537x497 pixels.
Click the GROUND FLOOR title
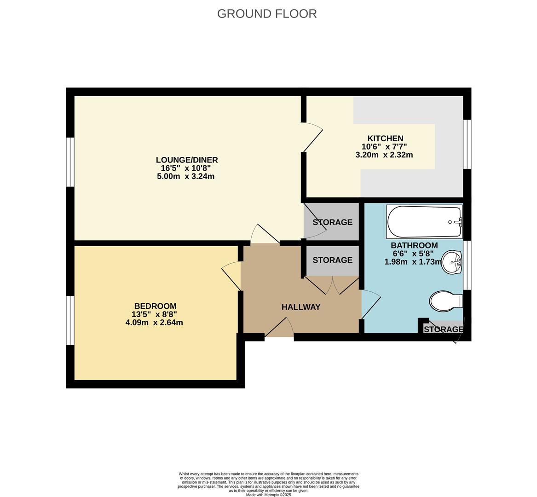click(267, 14)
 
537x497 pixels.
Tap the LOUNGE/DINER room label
click(186, 160)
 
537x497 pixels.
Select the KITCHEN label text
click(385, 139)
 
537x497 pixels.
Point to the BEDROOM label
click(155, 306)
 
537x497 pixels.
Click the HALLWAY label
click(300, 307)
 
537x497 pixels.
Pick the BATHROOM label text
click(414, 245)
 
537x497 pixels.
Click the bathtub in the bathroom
click(424, 222)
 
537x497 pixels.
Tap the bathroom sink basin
click(452, 263)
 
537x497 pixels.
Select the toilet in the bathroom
click(445, 301)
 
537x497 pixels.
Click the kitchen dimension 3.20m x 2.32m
click(384, 155)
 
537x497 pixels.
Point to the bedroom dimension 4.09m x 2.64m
click(154, 323)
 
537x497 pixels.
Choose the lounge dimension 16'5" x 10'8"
click(186, 168)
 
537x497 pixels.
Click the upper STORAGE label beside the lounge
click(332, 222)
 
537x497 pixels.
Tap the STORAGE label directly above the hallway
click(332, 260)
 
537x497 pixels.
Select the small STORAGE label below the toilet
click(443, 329)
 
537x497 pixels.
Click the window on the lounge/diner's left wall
click(70, 162)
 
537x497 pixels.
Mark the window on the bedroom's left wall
click(70, 320)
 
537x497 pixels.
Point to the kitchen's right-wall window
click(467, 144)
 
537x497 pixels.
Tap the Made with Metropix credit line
click(268, 495)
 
